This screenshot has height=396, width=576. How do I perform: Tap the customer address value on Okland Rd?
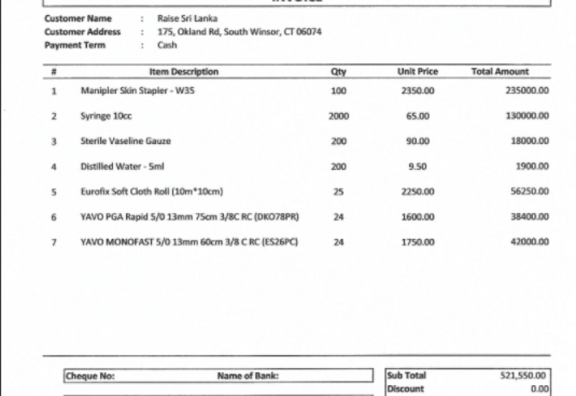(239, 32)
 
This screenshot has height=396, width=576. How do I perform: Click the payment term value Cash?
(167, 45)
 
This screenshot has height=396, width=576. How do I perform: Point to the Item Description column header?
(184, 72)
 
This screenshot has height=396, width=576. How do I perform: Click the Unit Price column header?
(418, 72)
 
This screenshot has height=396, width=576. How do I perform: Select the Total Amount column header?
(500, 72)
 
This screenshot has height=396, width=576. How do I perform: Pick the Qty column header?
(338, 72)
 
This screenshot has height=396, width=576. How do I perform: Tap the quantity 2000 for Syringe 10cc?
(338, 116)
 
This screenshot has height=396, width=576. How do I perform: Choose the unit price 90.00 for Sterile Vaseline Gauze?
(418, 141)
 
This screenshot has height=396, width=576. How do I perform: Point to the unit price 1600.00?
(418, 217)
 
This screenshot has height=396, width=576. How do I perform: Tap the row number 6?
(54, 217)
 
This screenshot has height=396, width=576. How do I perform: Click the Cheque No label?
(90, 376)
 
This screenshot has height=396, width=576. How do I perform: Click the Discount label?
(405, 389)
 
